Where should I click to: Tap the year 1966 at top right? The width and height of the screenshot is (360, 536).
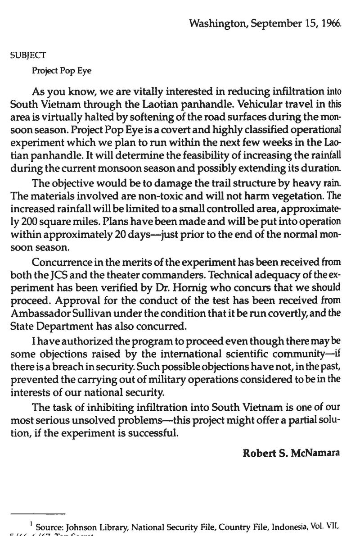coord(331,23)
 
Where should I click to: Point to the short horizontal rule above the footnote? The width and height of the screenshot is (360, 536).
coord(38,513)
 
